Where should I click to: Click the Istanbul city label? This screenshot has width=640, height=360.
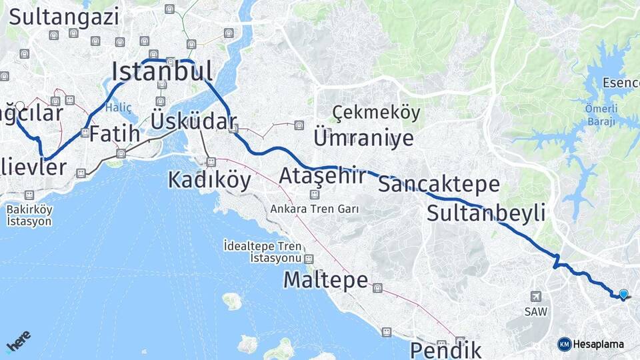click(x=163, y=71)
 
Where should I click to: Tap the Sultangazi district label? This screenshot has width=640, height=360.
click(x=64, y=17)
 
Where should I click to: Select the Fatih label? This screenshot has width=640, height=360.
click(x=115, y=133)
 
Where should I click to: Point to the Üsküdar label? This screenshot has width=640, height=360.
click(x=193, y=122)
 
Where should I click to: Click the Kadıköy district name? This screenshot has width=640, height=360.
click(x=209, y=179)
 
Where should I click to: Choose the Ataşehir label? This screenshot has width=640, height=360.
click(x=323, y=176)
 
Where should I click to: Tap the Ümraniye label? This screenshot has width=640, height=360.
click(x=363, y=138)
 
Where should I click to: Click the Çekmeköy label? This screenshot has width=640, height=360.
click(x=376, y=112)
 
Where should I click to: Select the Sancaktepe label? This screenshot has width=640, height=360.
click(x=439, y=184)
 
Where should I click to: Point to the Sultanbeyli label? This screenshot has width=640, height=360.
click(x=486, y=213)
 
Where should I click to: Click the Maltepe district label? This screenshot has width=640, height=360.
click(x=325, y=280)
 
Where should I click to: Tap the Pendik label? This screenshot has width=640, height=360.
click(x=445, y=349)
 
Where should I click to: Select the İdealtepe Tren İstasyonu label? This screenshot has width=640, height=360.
click(x=263, y=252)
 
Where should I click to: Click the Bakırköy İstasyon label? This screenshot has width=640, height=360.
click(x=29, y=215)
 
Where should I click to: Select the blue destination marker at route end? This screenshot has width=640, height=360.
click(x=623, y=294)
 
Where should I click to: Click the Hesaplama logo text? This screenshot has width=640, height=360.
click(x=599, y=344)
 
